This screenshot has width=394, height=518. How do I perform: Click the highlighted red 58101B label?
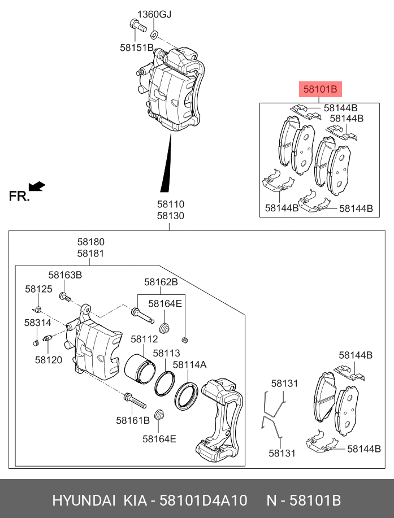click(x=320, y=89)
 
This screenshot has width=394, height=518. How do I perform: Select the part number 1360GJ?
click(x=154, y=14)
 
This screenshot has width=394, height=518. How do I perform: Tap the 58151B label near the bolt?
click(x=136, y=48)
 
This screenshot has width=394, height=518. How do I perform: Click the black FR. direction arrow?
click(x=37, y=186)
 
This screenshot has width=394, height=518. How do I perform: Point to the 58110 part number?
click(x=170, y=204)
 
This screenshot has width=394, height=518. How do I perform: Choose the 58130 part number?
click(x=170, y=216)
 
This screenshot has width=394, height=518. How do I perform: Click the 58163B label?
click(x=65, y=275)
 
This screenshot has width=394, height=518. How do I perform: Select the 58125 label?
click(x=38, y=289)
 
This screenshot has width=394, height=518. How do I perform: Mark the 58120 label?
click(x=48, y=359)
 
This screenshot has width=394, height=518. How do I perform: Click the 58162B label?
click(x=161, y=282)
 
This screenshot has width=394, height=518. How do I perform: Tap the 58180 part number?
click(x=90, y=242)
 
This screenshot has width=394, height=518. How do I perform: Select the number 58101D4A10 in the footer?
click(x=203, y=500)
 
